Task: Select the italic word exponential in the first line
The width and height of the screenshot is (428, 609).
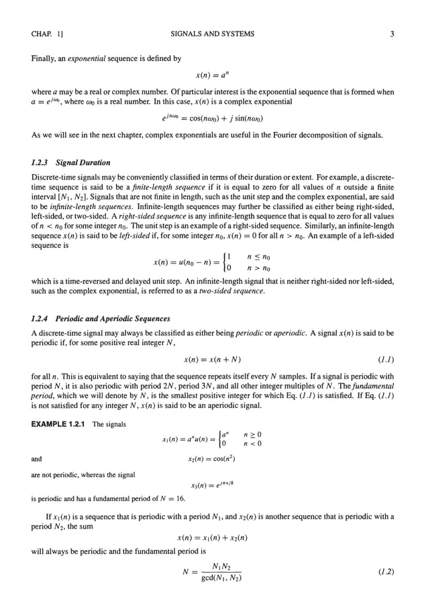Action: tap(94, 58)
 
